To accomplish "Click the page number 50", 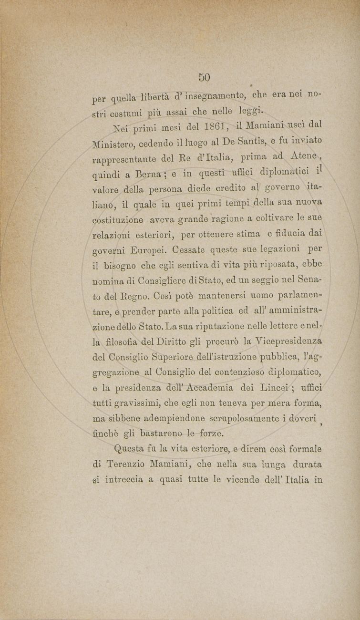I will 205,77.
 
